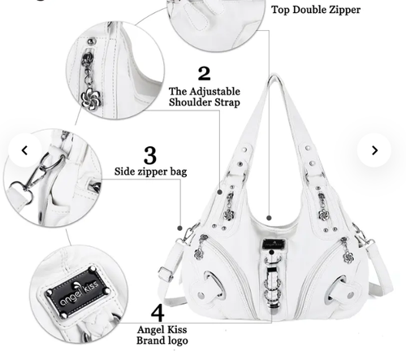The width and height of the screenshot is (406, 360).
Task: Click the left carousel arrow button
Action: pyautogui.click(x=24, y=150)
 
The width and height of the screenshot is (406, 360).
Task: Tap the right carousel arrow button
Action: pyautogui.click(x=374, y=150)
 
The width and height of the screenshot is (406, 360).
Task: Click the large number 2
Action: pyautogui.click(x=204, y=73)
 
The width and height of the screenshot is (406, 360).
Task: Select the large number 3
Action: pyautogui.click(x=150, y=155)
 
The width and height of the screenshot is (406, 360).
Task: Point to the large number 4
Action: pyautogui.click(x=158, y=313)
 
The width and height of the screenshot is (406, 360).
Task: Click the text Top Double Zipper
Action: pyautogui.click(x=316, y=10)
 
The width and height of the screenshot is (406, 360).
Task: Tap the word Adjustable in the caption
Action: pyautogui.click(x=214, y=92)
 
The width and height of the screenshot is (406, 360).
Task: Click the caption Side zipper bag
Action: pyautogui.click(x=150, y=171)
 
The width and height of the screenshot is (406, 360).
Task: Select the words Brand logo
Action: pyautogui.click(x=162, y=340)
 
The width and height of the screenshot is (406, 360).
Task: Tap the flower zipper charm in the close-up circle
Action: pyautogui.click(x=91, y=98)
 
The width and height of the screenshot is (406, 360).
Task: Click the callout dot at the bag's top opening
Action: pyautogui.click(x=269, y=218)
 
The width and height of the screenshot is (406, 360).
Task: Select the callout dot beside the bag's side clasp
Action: pyautogui.click(x=179, y=228)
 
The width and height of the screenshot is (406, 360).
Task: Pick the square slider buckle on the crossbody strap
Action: pyautogui.click(x=166, y=273)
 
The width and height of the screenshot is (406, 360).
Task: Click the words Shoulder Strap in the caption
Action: pyautogui.click(x=205, y=103)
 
